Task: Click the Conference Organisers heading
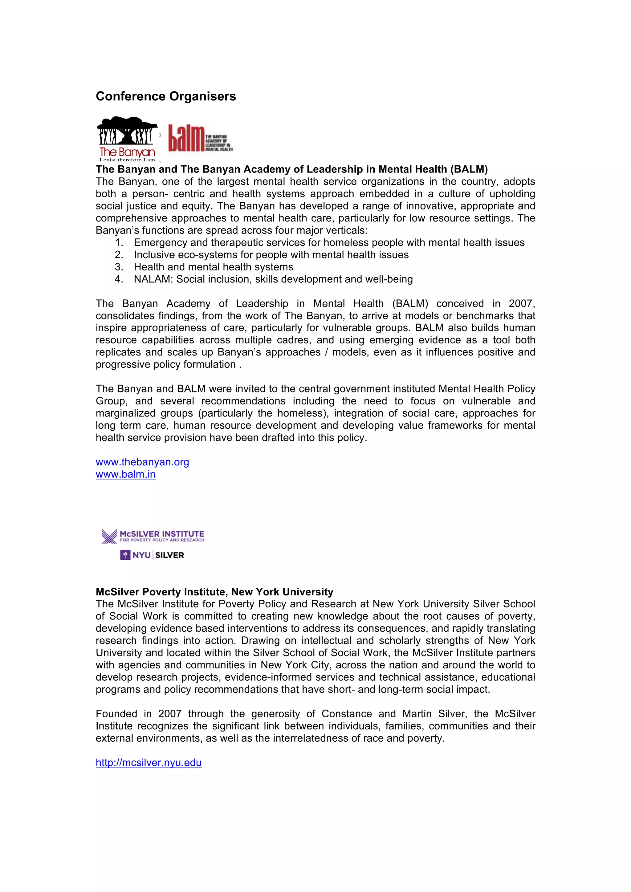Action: click(165, 96)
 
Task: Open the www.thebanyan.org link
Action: click(142, 462)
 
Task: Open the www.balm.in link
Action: click(125, 474)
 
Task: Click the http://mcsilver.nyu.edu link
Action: click(149, 763)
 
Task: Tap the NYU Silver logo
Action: click(152, 555)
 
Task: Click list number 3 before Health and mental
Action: click(119, 267)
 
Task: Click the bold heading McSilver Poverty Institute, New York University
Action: click(214, 592)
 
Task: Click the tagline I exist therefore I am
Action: click(127, 160)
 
